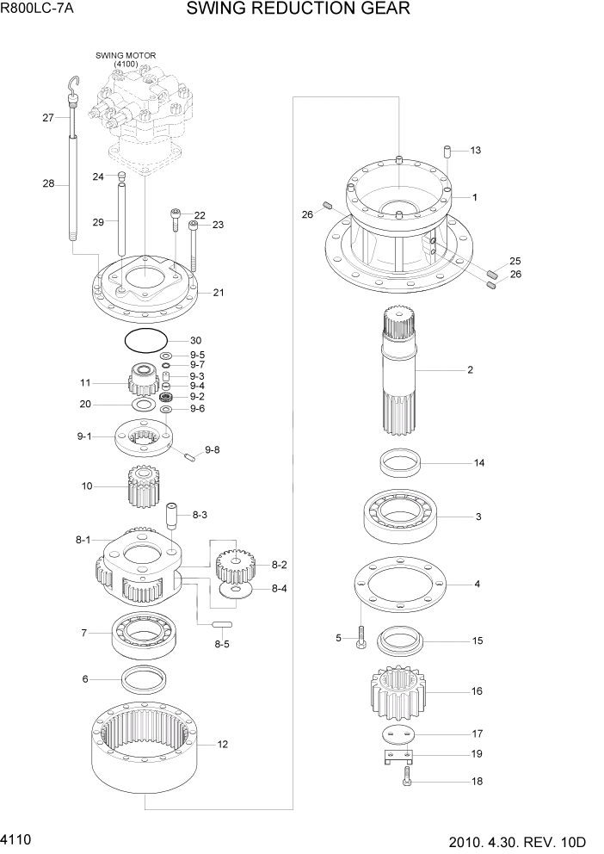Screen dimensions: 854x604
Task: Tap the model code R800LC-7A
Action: click(37, 9)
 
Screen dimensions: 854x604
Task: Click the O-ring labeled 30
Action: click(143, 340)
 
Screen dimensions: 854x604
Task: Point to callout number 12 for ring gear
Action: click(222, 745)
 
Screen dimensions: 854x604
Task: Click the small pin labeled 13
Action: click(448, 152)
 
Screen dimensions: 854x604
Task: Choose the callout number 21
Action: click(219, 293)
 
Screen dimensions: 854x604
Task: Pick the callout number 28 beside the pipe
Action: click(48, 183)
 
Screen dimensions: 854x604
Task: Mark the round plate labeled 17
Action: click(398, 733)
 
